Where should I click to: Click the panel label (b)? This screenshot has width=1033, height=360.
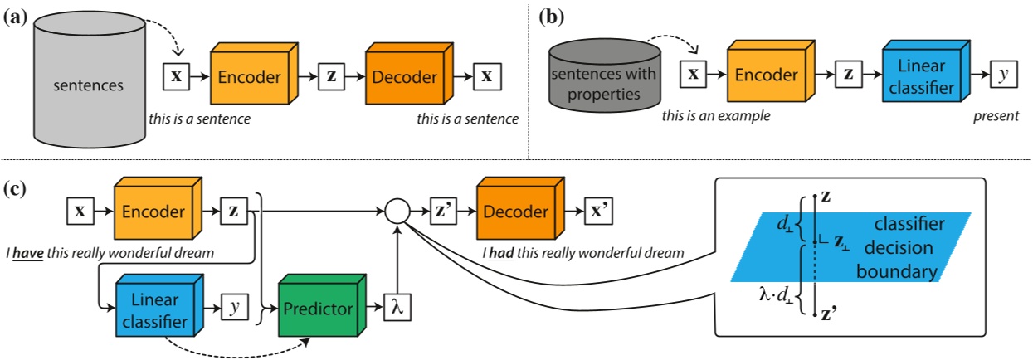552,16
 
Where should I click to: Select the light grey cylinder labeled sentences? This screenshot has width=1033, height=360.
87,84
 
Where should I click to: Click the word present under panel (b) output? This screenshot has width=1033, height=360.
996,117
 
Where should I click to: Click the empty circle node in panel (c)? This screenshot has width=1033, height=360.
397,212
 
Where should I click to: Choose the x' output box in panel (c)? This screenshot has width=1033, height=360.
600,212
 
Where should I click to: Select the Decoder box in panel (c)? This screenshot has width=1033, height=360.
517,212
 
